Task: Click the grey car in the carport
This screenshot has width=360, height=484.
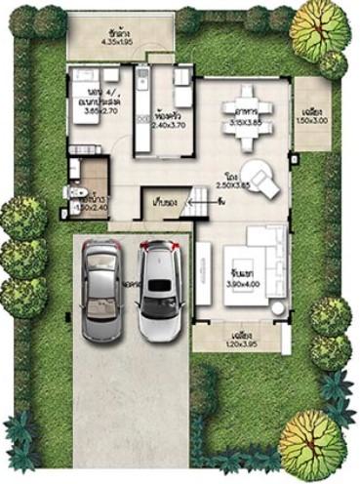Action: tap(102, 289)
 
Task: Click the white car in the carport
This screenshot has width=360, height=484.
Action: tap(159, 290)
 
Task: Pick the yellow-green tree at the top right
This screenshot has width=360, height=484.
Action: tap(318, 26)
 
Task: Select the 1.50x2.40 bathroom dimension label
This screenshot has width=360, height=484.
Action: tap(91, 207)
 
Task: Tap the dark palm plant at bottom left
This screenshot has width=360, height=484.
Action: tap(20, 435)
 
